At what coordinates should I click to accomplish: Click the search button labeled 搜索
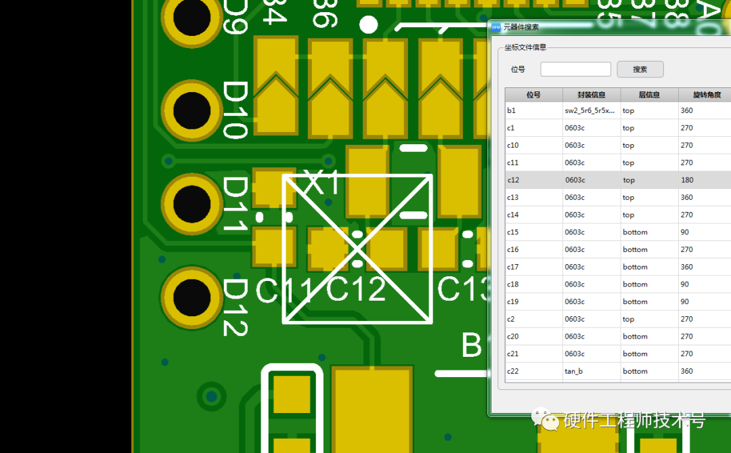640,69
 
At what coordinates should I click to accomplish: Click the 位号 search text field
575,69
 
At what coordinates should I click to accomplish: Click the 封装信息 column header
591,95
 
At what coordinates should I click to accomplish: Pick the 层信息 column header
649,95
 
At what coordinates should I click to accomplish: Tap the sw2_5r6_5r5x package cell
590,110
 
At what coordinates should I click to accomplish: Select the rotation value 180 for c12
687,180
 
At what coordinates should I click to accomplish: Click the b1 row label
512,110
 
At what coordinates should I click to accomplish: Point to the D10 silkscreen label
236,110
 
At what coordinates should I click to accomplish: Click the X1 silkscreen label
323,183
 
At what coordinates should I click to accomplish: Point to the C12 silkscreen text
356,290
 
